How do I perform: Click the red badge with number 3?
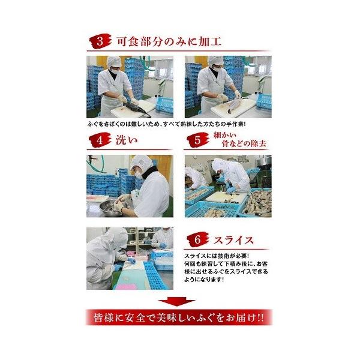coord(100,41)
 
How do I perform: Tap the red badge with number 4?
coord(100,140)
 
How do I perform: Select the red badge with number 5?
coord(197,140)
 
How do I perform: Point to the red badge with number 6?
coord(197,239)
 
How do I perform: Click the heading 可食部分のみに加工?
coord(169,42)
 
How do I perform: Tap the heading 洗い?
coord(127,140)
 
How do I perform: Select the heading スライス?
coord(233,240)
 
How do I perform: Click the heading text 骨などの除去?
coord(244,144)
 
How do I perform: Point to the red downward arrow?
coord(176,301)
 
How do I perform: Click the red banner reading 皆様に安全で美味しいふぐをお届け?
coord(179,317)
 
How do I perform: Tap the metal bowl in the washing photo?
coord(110,208)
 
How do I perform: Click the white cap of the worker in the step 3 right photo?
coord(215,61)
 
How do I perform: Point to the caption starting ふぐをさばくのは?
coord(166,124)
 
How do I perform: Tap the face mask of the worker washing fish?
coord(139,175)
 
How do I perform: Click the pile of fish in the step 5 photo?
coord(258,203)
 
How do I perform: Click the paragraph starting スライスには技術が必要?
coord(226,268)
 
